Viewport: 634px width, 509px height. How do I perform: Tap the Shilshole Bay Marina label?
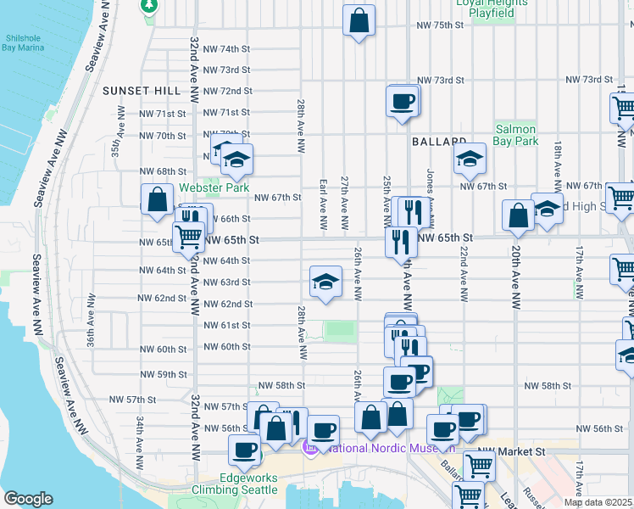(x=23, y=43)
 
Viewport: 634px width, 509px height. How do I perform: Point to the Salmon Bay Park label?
(x=515, y=135)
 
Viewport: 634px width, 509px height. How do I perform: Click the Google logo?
(x=28, y=498)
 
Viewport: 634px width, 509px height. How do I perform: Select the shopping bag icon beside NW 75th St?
(x=359, y=20)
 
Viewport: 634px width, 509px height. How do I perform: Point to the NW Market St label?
(x=509, y=450)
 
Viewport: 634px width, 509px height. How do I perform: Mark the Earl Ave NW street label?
(x=323, y=204)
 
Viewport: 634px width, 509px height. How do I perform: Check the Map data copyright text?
(x=598, y=502)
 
